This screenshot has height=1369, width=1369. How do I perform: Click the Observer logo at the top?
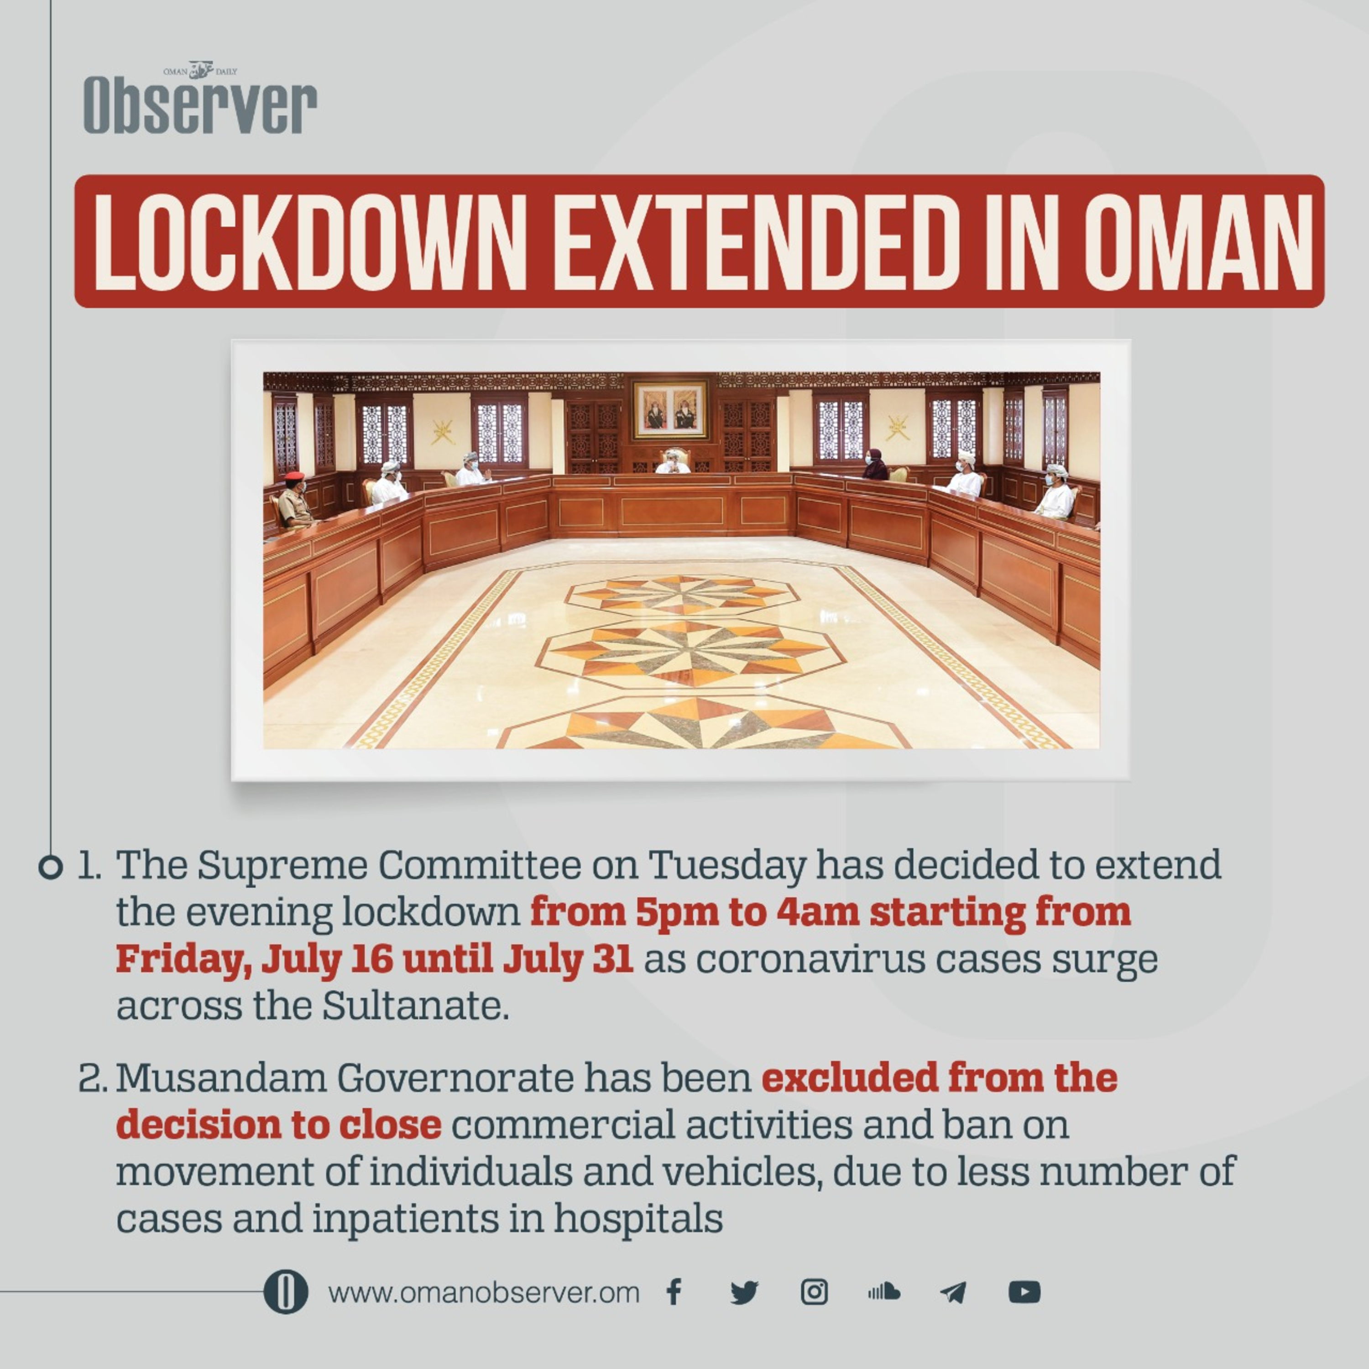(200, 99)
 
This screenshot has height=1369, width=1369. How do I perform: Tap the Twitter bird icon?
(744, 1292)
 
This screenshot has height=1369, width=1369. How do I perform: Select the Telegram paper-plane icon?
(953, 1292)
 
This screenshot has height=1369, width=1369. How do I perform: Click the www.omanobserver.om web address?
(484, 1292)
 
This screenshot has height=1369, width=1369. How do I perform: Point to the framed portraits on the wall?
(669, 410)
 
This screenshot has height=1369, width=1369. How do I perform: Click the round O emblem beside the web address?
(286, 1292)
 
